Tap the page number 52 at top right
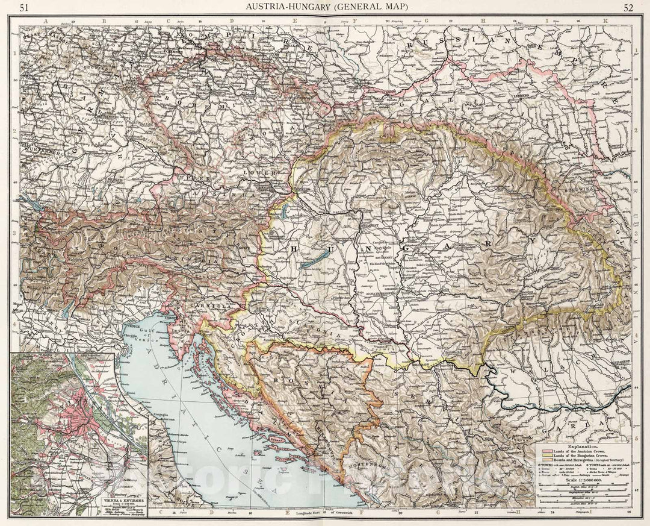click(x=628, y=7)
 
